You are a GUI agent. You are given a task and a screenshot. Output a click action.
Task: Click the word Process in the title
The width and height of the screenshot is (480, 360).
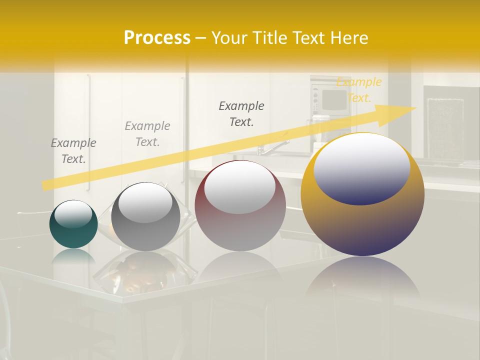pyautogui.click(x=157, y=38)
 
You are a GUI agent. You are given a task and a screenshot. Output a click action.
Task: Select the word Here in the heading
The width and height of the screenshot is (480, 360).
pyautogui.click(x=348, y=38)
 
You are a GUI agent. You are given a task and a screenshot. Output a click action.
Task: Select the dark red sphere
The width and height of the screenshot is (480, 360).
pyautogui.click(x=240, y=225)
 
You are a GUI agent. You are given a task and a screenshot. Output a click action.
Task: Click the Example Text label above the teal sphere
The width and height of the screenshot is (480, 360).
pyautogui.click(x=73, y=151)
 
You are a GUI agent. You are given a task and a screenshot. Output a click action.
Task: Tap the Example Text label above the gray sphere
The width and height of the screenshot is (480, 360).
pyautogui.click(x=147, y=134)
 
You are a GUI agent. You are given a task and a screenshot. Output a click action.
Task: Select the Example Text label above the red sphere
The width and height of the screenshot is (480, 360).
pyautogui.click(x=241, y=113)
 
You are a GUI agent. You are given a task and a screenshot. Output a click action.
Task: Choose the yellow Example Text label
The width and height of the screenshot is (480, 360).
pyautogui.click(x=359, y=90)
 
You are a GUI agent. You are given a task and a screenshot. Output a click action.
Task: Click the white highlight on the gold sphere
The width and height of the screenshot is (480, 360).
pyautogui.click(x=362, y=167)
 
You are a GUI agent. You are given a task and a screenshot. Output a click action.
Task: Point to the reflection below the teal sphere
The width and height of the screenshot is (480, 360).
pyautogui.click(x=73, y=256)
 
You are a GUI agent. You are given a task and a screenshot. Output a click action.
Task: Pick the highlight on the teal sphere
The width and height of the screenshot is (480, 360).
pyautogui.click(x=73, y=214)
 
